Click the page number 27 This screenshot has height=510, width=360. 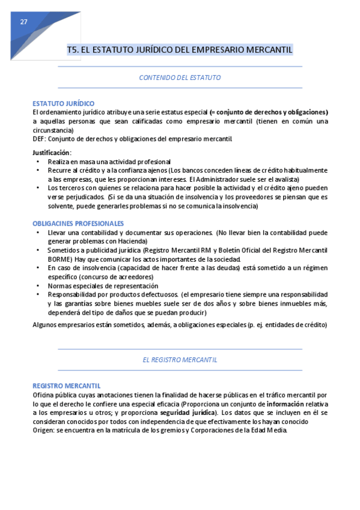23,22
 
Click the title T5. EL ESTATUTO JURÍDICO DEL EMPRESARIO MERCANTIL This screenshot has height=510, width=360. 180,50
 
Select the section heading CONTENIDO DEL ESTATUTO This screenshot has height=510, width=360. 180,78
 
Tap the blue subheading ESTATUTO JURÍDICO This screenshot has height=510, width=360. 63,103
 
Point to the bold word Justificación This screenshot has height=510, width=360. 51,152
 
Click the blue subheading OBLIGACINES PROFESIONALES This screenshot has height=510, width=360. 78,223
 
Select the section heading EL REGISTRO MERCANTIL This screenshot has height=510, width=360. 180,359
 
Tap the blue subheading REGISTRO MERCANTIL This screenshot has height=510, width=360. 66,386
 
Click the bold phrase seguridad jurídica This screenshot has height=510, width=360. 187,413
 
